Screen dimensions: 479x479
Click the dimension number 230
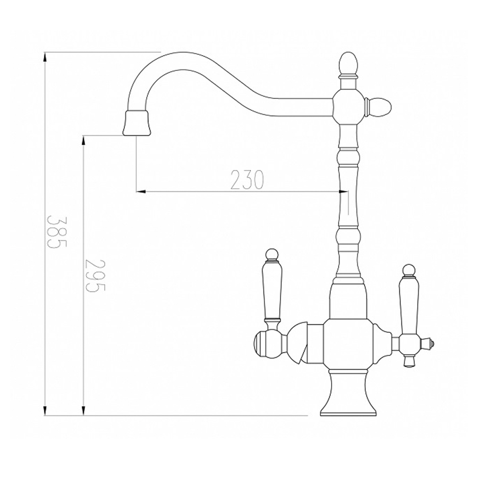(247, 180)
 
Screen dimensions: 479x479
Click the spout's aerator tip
(137, 123)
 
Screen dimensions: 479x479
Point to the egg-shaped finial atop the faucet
(349, 64)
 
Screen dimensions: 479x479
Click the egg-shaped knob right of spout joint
(379, 107)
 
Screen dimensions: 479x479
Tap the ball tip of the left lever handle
(273, 254)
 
